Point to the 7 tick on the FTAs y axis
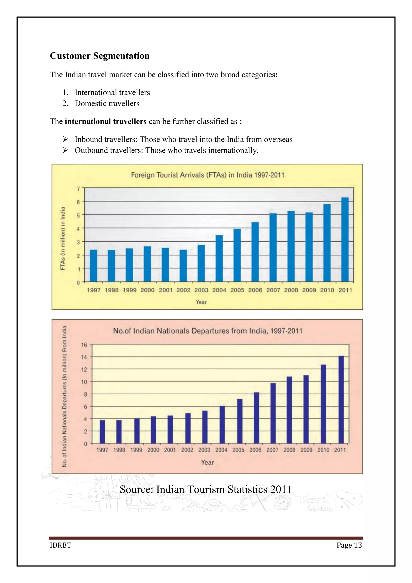79,189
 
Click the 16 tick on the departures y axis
84,345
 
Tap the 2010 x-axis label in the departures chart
323,450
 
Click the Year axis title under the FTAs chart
201,302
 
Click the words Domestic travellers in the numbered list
107,104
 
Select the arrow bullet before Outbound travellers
65,150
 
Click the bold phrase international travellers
106,121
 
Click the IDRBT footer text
60,545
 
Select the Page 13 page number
349,545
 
